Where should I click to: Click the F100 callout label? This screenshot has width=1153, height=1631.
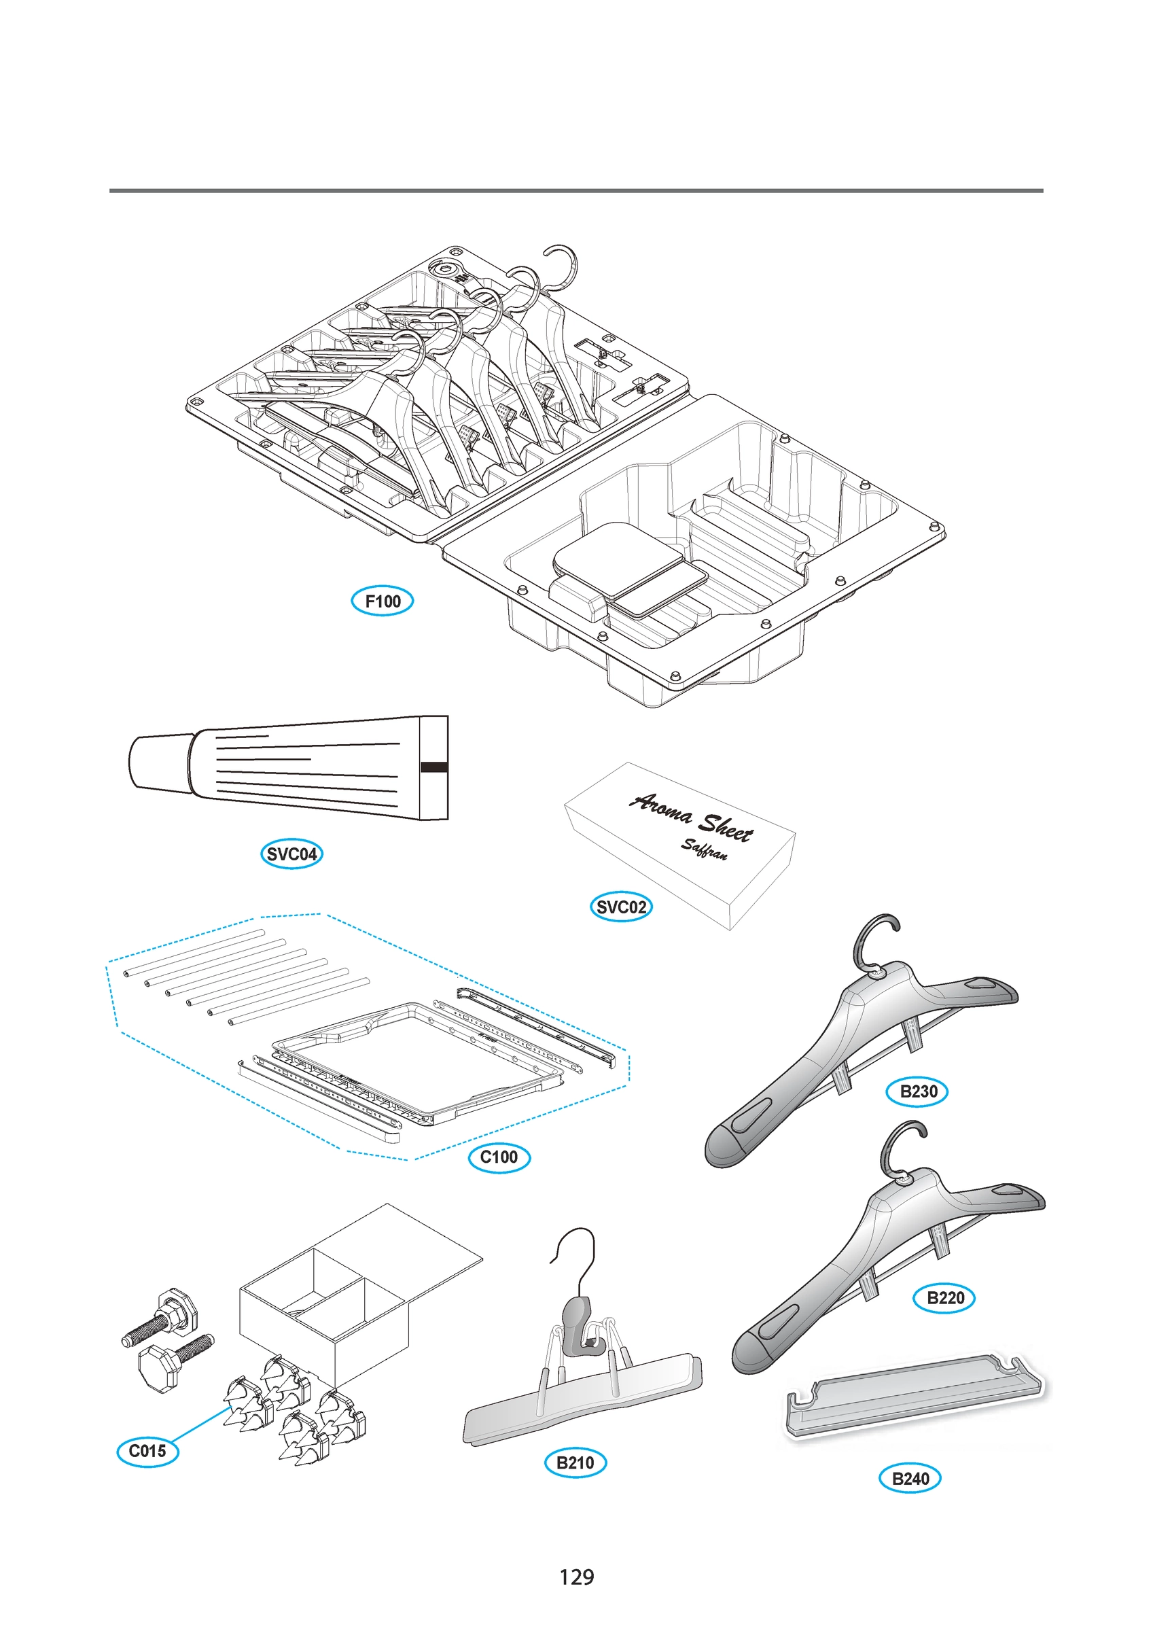pos(383,601)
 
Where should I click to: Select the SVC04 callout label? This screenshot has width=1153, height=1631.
pos(291,854)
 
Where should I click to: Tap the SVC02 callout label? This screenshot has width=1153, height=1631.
pos(621,907)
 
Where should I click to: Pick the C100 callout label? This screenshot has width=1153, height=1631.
pos(499,1157)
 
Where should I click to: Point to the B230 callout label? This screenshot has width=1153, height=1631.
pos(917,1092)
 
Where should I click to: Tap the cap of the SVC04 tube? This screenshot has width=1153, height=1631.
pos(159,762)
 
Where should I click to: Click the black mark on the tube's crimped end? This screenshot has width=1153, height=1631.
pos(434,767)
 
